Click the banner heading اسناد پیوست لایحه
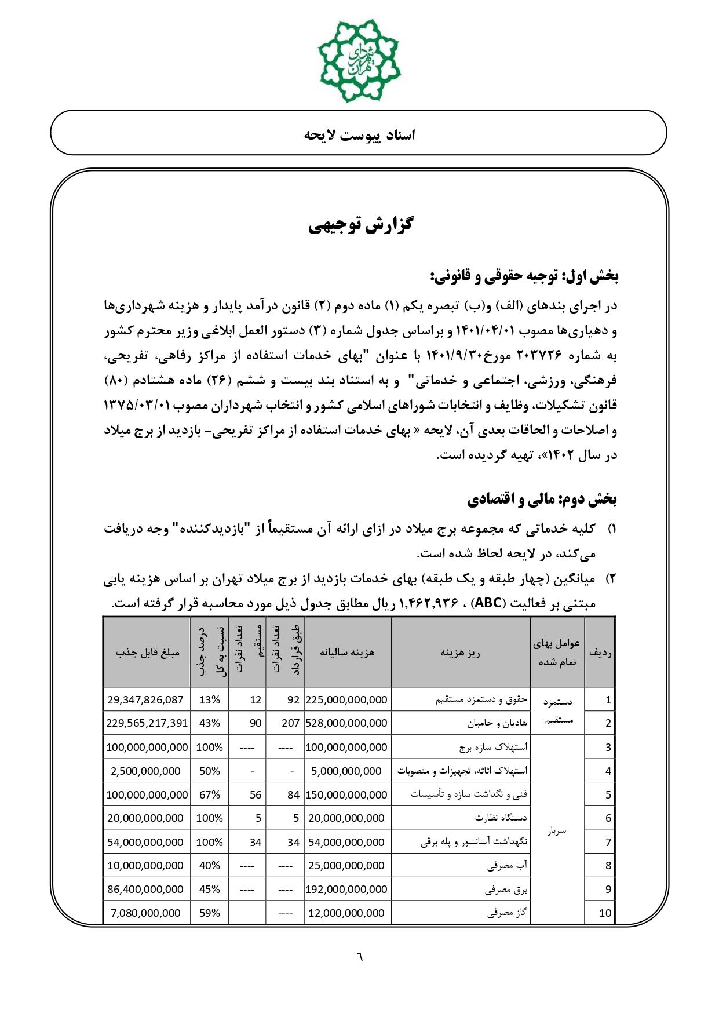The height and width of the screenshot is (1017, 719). (x=359, y=135)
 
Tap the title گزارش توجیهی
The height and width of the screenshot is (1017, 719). (x=360, y=224)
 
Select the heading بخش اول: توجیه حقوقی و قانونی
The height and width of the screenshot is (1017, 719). (x=524, y=276)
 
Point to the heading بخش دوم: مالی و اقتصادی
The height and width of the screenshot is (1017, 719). (x=542, y=499)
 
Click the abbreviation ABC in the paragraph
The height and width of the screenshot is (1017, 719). (x=488, y=603)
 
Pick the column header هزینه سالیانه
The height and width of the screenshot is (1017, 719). (x=347, y=652)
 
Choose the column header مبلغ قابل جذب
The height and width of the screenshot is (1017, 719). (x=147, y=652)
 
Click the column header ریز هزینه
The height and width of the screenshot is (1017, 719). (x=460, y=653)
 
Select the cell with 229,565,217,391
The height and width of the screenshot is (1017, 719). (x=147, y=723)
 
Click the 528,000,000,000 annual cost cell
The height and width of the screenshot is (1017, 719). (x=346, y=723)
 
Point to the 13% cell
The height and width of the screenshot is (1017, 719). (x=209, y=699)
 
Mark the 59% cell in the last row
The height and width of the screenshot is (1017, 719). (x=209, y=913)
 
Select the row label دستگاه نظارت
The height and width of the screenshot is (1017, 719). (x=501, y=818)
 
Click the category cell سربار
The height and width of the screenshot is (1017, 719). (x=557, y=831)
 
